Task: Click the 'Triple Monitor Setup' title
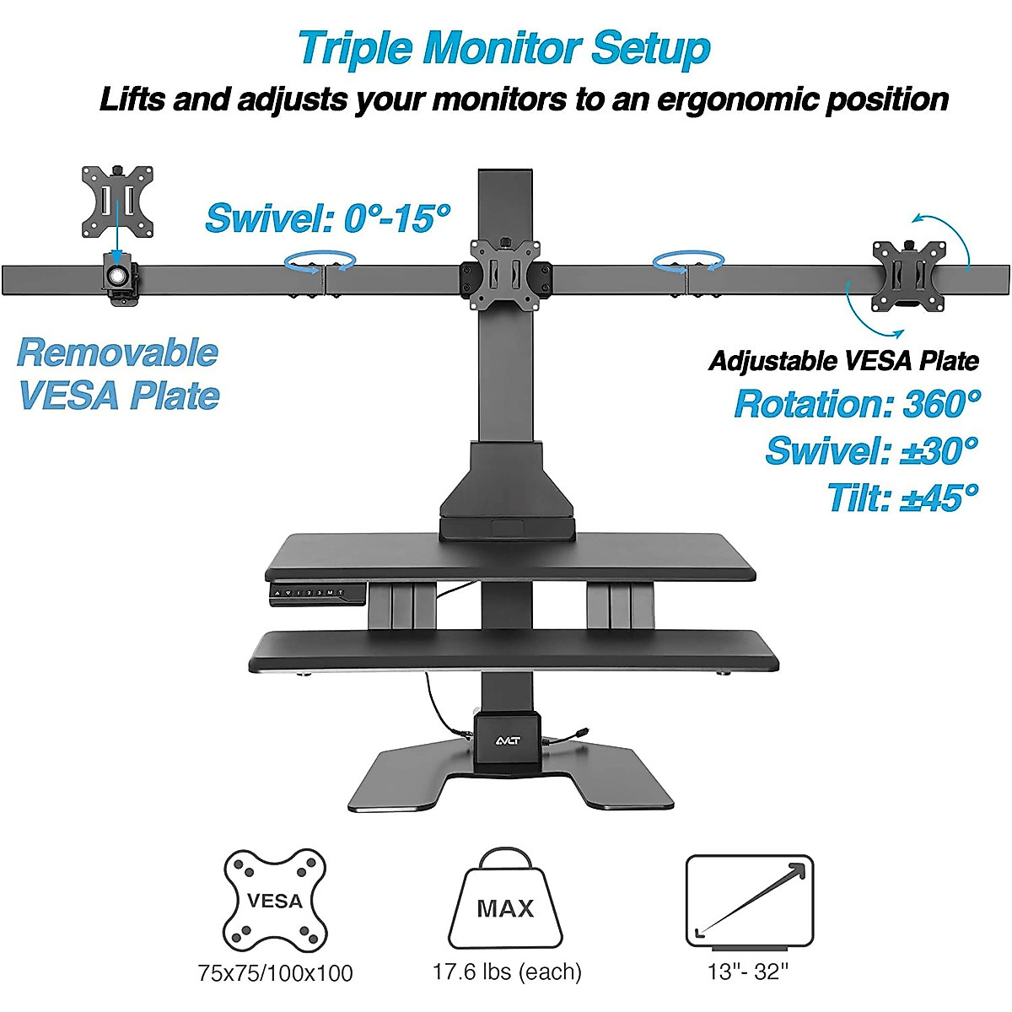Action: click(504, 48)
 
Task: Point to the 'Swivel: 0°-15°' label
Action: click(328, 218)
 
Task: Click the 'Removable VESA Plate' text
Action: click(118, 374)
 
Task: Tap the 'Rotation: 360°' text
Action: click(857, 404)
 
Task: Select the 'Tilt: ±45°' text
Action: click(902, 497)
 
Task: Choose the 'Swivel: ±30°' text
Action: click(871, 450)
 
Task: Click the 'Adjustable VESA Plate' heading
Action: click(843, 361)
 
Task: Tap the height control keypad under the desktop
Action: click(316, 594)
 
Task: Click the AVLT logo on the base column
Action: click(507, 741)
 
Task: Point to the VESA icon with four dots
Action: click(275, 899)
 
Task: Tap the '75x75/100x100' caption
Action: click(275, 973)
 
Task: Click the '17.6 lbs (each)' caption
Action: click(507, 972)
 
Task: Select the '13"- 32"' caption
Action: click(747, 972)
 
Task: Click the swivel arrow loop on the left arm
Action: click(320, 262)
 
